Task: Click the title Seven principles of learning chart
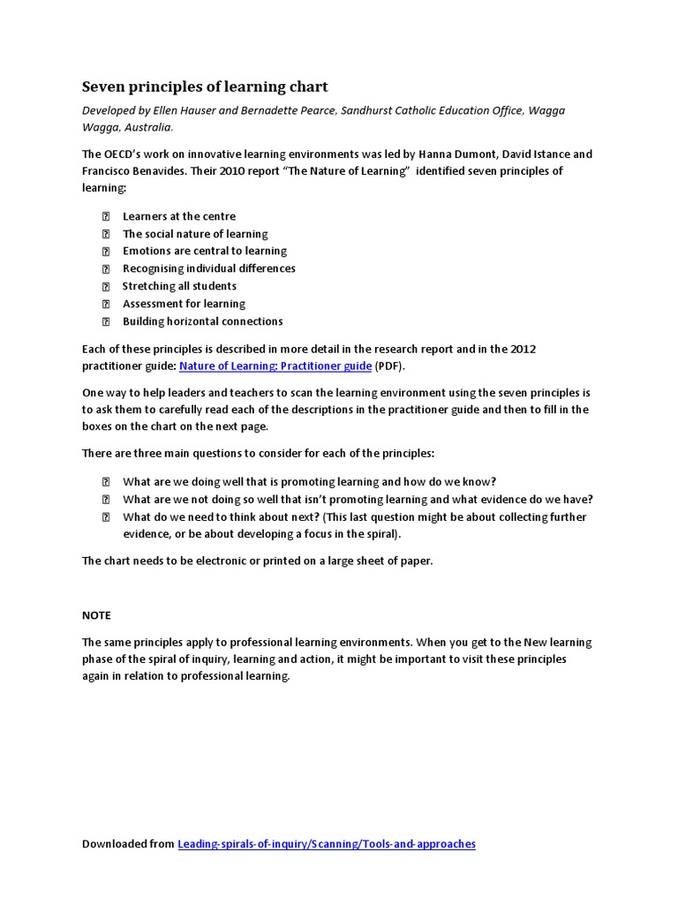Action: pyautogui.click(x=205, y=87)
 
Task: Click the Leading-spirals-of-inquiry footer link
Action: pyautogui.click(x=327, y=844)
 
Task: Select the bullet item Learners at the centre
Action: pyautogui.click(x=178, y=216)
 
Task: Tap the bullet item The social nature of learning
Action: pyautogui.click(x=195, y=234)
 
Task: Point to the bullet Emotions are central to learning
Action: pyautogui.click(x=205, y=251)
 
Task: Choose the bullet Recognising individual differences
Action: pyautogui.click(x=208, y=268)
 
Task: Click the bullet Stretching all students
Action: pyautogui.click(x=179, y=286)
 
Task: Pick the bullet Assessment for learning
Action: pyautogui.click(x=184, y=304)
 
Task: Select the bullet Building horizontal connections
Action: pyautogui.click(x=202, y=321)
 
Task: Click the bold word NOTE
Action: pyautogui.click(x=96, y=615)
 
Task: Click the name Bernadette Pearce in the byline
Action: pyautogui.click(x=276, y=110)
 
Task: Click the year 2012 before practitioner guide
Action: pyautogui.click(x=521, y=349)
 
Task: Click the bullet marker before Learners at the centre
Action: pyautogui.click(x=105, y=216)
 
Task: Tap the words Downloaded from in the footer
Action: pyautogui.click(x=128, y=844)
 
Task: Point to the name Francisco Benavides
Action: pyautogui.click(x=131, y=170)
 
